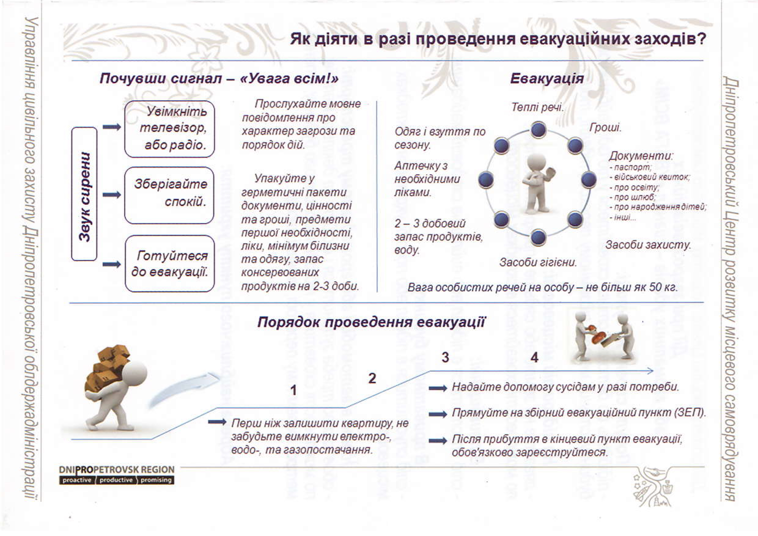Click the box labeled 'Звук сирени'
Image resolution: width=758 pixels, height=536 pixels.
click(x=84, y=194)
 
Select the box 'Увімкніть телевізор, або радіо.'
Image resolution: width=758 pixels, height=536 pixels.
click(x=169, y=129)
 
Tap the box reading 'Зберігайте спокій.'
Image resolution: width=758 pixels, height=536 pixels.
click(x=169, y=195)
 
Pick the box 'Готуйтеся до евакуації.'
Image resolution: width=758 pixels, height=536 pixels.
click(x=169, y=264)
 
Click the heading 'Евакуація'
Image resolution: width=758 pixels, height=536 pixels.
click(x=547, y=79)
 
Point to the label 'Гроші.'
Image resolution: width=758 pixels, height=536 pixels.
click(x=605, y=127)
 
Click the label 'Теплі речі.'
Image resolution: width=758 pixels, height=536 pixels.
click(x=537, y=107)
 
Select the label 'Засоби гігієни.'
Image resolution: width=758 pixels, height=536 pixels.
click(x=538, y=262)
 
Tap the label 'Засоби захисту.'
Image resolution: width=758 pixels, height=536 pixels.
click(x=648, y=245)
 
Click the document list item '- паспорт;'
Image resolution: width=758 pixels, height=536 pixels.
click(x=631, y=168)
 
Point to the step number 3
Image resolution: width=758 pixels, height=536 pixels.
click(x=445, y=358)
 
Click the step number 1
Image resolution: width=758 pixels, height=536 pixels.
click(x=293, y=391)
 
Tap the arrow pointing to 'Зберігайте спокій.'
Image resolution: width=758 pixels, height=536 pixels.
click(x=112, y=195)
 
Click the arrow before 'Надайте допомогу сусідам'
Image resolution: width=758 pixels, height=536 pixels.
click(x=438, y=388)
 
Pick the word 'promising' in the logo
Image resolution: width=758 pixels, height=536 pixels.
click(x=156, y=480)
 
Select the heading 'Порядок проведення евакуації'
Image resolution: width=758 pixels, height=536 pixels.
click(x=372, y=322)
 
